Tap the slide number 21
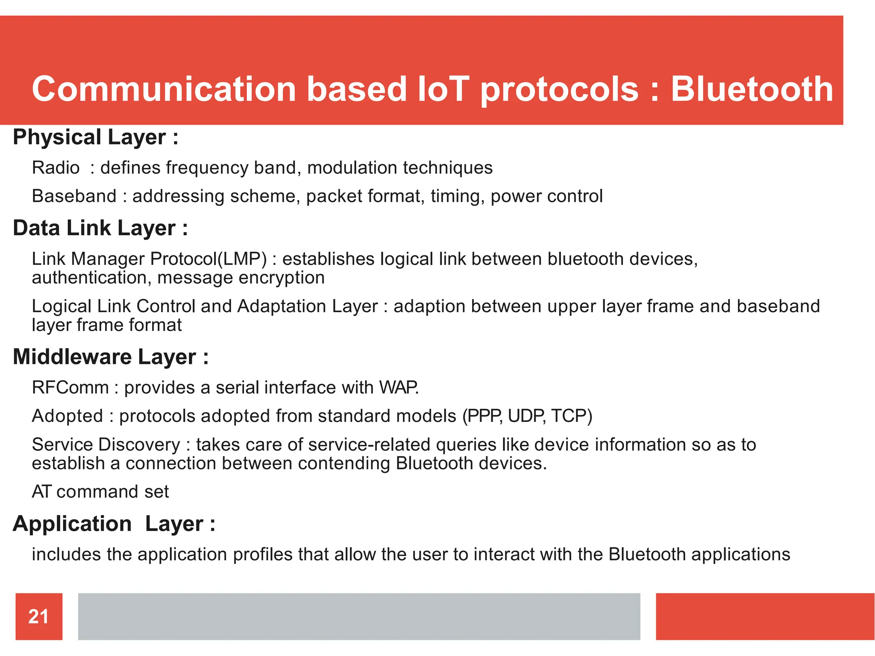pos(38,616)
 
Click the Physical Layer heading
pos(95,137)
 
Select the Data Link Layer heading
pos(100,228)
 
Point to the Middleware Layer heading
pos(110,357)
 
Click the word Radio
pos(56,167)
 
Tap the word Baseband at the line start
pos(74,196)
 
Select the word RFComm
pos(70,387)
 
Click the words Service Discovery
pos(106,445)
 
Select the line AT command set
pos(100,492)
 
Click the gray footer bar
pos(359,616)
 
